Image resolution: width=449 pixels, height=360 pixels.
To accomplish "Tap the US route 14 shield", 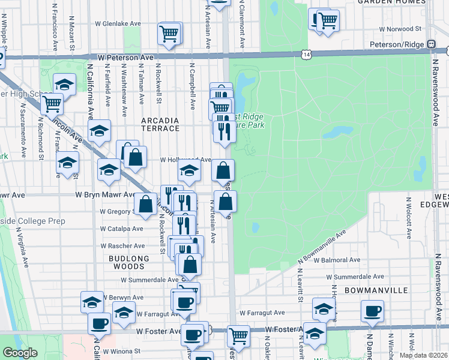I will click(307, 55).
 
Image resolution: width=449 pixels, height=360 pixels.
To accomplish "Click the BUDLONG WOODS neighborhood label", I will click(128, 259).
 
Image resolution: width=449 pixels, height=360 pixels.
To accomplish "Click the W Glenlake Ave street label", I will click(118, 24).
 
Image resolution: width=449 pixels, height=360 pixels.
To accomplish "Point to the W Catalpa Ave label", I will click(122, 229).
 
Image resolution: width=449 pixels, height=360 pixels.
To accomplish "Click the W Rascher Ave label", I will click(123, 246).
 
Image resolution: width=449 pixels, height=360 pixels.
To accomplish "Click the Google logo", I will click(20, 353).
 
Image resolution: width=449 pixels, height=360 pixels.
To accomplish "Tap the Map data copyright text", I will click(424, 355).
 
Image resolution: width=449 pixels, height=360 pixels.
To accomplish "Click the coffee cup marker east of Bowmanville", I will click(372, 311).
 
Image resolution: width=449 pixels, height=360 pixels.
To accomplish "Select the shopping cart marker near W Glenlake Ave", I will click(170, 32).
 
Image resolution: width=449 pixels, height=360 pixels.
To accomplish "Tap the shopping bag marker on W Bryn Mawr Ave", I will click(145, 203).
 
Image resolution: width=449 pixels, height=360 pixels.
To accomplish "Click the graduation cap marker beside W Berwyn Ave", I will click(92, 302).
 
